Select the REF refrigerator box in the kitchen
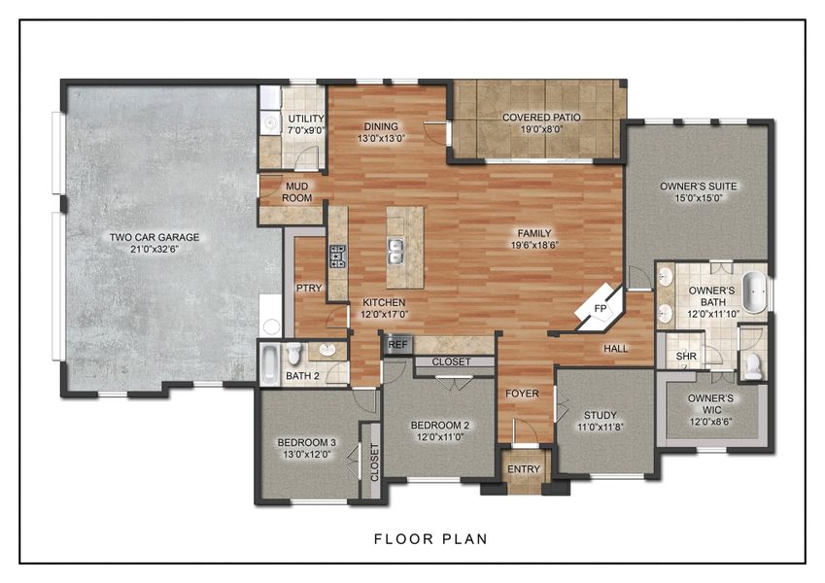397,344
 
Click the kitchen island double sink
396,251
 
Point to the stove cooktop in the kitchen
338,256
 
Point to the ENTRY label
524,469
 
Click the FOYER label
521,394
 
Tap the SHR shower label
686,357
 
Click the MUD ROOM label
297,191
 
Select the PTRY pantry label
308,289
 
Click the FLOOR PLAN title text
430,537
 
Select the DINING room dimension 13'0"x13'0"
382,138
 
